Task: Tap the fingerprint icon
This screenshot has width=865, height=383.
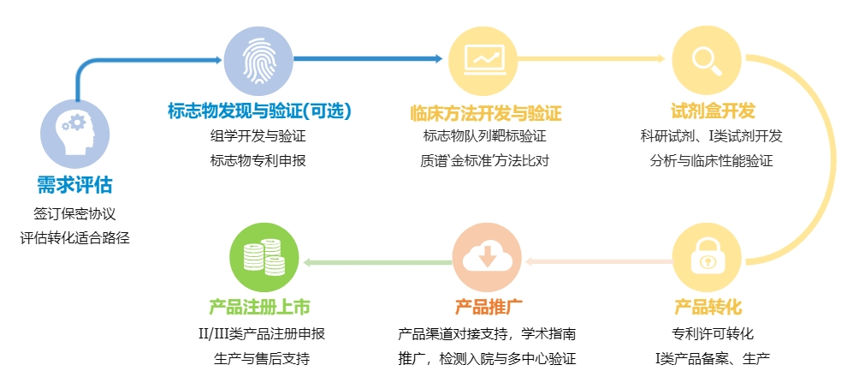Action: point(258,61)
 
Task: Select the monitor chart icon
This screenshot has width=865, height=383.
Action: point(483,61)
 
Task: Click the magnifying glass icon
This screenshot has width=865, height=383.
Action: point(707,61)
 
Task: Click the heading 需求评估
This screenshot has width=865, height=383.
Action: point(74,185)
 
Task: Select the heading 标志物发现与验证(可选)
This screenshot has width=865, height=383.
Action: point(259,111)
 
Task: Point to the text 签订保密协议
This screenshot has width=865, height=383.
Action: point(74,213)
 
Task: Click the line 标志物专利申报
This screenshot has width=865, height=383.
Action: point(258,160)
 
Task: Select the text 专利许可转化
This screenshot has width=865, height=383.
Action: point(707,333)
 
